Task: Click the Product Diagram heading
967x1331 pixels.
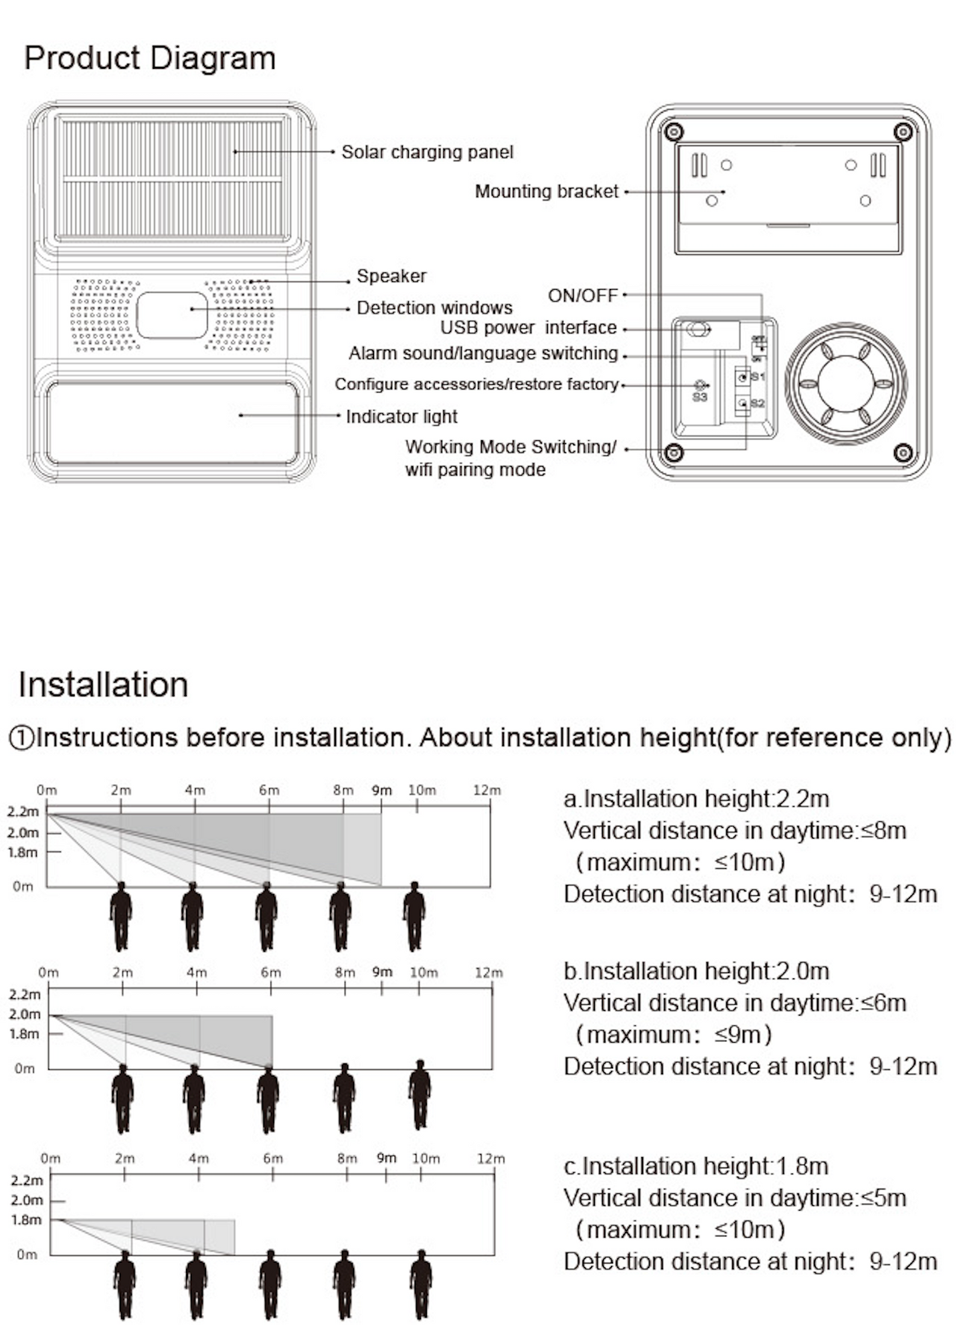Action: click(150, 58)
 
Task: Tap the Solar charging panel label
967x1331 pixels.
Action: click(427, 152)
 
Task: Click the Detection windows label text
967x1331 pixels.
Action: click(434, 308)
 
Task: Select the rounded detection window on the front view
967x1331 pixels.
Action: click(172, 315)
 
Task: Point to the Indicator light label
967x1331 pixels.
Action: click(402, 417)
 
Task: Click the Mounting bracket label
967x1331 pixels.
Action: click(546, 191)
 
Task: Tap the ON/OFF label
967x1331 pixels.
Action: click(582, 295)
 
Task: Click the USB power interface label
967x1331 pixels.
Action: click(528, 328)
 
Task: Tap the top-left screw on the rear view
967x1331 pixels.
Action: click(674, 130)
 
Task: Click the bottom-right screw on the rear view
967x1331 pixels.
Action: click(903, 453)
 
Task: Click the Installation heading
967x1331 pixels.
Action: click(103, 684)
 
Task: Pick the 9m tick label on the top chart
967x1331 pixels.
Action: click(381, 790)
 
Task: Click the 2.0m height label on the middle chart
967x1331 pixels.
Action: click(24, 1014)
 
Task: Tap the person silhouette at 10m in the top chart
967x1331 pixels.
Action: click(414, 916)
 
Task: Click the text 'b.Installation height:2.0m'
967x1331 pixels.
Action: click(696, 971)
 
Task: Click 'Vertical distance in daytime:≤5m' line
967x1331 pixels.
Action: click(734, 1198)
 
